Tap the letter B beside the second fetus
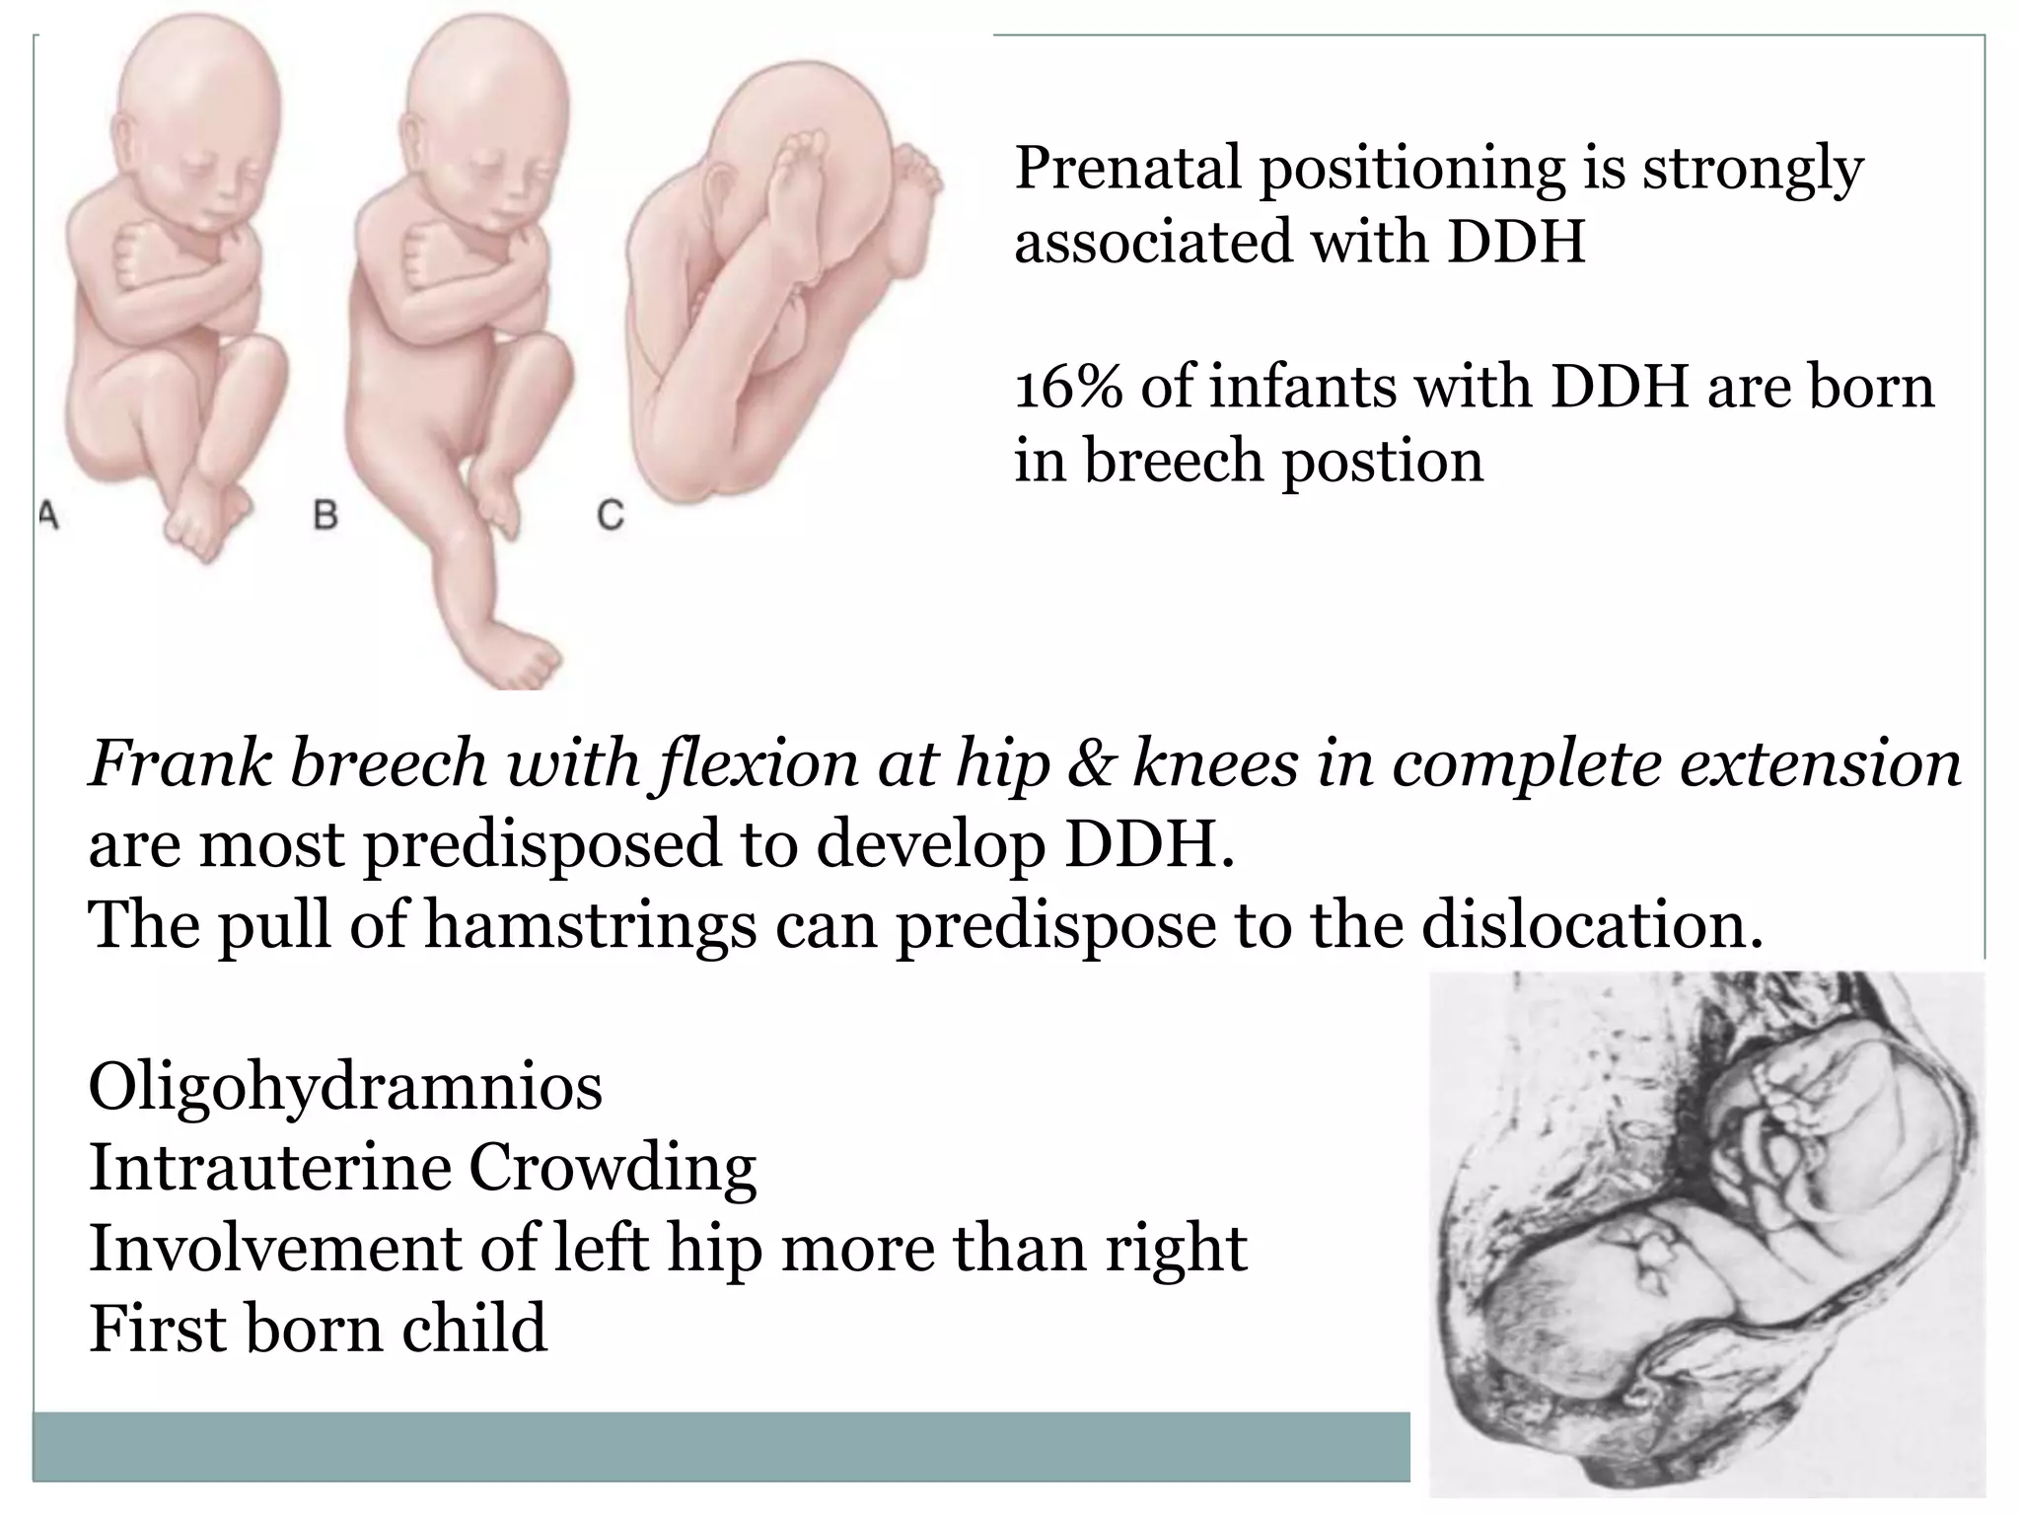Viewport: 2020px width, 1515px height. (x=325, y=515)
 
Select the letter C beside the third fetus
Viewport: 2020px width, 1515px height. (x=611, y=515)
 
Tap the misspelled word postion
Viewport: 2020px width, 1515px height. (x=1383, y=461)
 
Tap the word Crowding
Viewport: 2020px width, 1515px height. (x=612, y=1169)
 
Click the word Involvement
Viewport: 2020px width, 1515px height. (x=275, y=1248)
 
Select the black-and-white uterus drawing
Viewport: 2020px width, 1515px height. (x=1706, y=1233)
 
